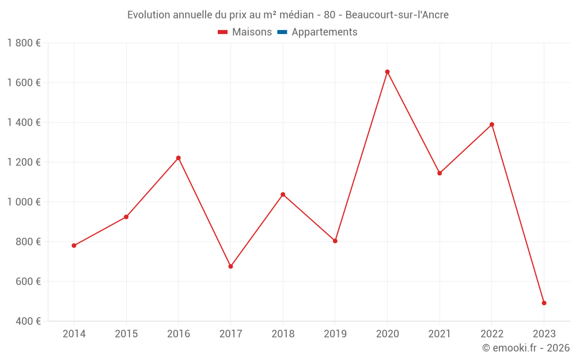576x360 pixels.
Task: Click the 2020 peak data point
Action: click(x=387, y=72)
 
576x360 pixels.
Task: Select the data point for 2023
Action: click(x=544, y=303)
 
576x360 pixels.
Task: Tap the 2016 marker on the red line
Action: click(x=179, y=158)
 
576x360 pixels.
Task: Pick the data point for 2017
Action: click(x=230, y=266)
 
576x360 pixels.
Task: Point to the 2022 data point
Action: click(x=492, y=124)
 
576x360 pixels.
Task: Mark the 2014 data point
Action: click(x=74, y=245)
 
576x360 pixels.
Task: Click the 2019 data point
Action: click(x=335, y=241)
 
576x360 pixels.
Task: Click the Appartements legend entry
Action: click(x=324, y=32)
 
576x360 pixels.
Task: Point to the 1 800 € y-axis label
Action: click(x=24, y=43)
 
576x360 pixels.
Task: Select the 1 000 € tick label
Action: click(x=24, y=202)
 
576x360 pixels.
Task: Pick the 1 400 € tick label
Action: click(x=24, y=123)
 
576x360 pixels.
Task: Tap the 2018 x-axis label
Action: click(x=283, y=334)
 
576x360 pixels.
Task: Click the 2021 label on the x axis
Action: click(x=439, y=334)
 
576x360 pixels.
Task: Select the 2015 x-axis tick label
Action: click(x=126, y=334)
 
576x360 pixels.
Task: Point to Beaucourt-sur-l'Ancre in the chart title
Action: click(x=397, y=15)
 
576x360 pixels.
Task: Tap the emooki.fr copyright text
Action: click(x=526, y=348)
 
